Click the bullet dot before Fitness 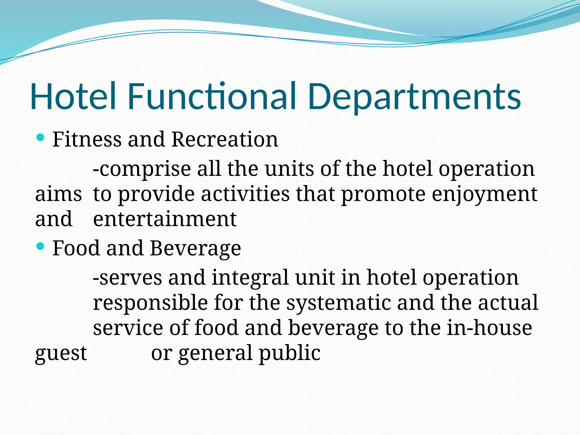coord(40,138)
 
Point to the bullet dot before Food coord(40,246)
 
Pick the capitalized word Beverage coord(195,249)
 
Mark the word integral coord(250,278)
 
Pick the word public coord(289,353)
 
